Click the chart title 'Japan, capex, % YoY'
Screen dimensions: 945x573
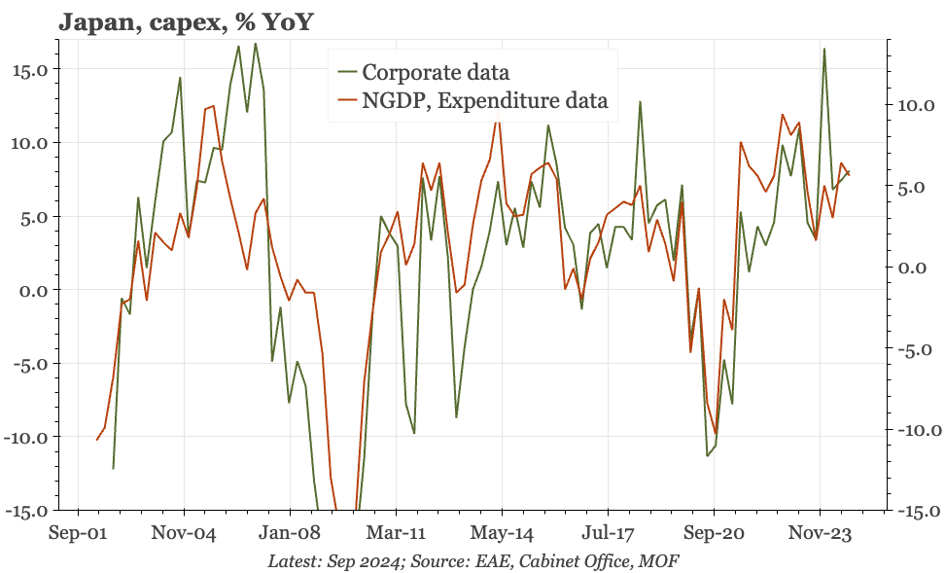click(186, 21)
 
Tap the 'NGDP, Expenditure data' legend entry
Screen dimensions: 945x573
click(472, 100)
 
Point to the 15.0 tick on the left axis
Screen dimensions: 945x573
click(29, 69)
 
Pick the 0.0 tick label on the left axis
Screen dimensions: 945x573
click(34, 290)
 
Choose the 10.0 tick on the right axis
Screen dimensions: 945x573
click(916, 105)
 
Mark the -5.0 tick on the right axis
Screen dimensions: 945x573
click(916, 349)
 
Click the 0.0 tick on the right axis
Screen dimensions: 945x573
click(912, 268)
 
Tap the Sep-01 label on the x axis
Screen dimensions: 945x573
click(78, 534)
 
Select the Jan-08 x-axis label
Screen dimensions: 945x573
click(290, 534)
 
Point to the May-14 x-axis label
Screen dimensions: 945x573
click(502, 534)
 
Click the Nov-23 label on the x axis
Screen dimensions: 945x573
click(821, 534)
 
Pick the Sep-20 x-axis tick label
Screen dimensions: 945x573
click(715, 534)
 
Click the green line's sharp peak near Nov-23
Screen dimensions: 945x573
click(823, 49)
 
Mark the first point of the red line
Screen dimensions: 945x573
click(96, 440)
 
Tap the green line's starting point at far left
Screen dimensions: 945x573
click(113, 468)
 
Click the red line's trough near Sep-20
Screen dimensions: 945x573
click(716, 434)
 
